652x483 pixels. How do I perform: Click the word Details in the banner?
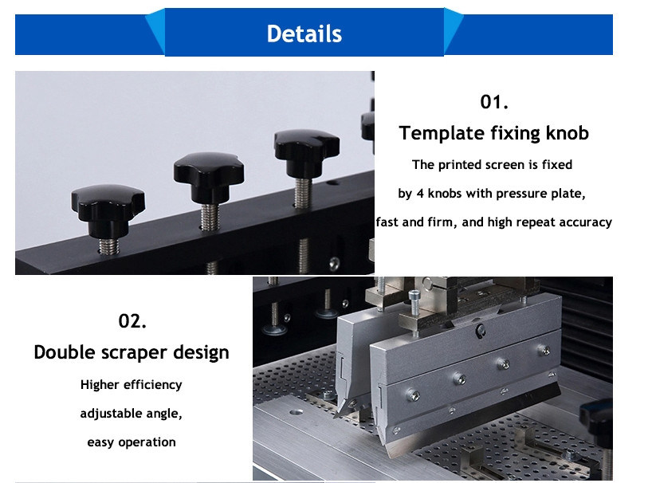(304, 33)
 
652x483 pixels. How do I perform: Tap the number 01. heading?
(494, 102)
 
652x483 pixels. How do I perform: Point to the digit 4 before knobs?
(420, 194)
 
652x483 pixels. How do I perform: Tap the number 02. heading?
(132, 321)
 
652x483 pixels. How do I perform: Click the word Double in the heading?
(65, 352)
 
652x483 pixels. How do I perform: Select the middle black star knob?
(209, 177)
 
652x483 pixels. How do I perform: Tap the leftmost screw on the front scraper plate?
(412, 395)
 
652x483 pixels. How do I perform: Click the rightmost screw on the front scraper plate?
(544, 350)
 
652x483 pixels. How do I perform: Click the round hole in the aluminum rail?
(296, 412)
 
